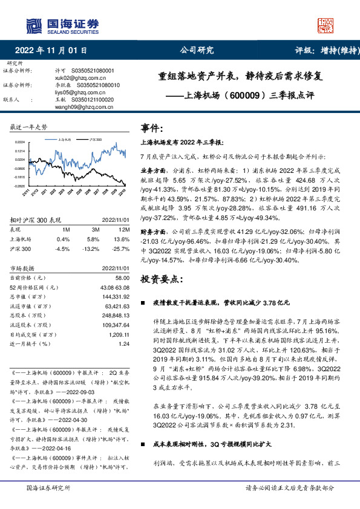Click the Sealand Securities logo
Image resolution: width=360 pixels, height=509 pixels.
coord(61,25)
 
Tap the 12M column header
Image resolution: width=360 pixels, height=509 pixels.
coord(123,230)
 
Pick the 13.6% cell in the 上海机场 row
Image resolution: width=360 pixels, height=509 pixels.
coord(122,239)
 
